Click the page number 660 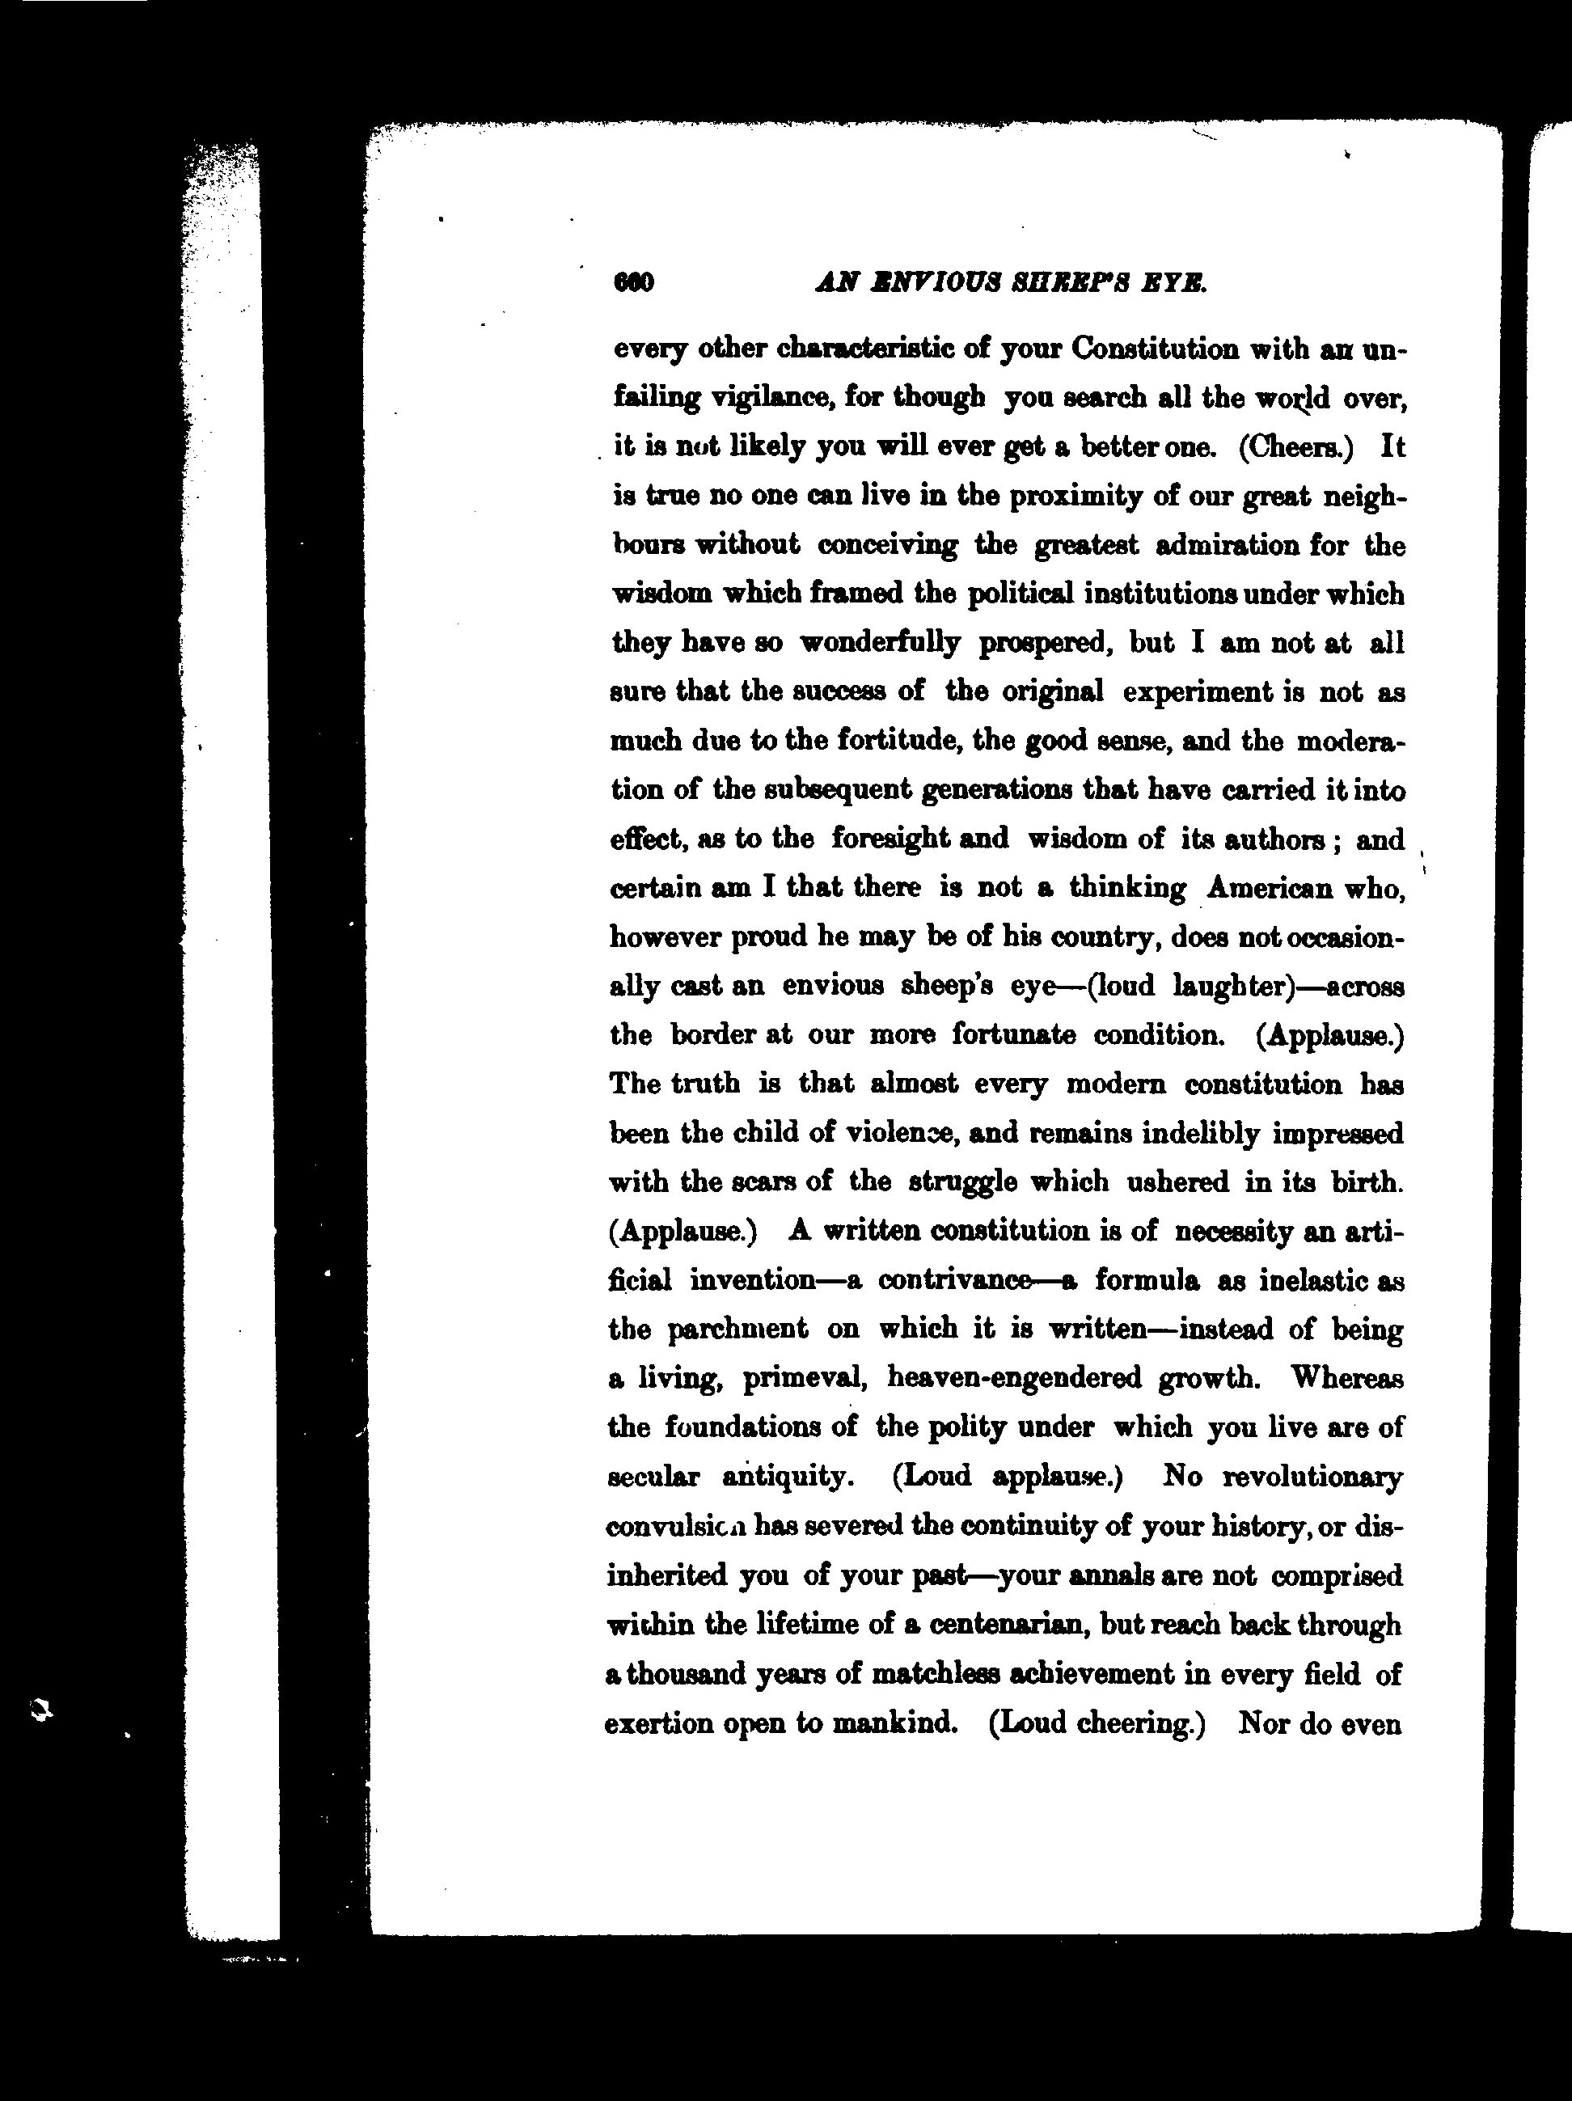click(635, 283)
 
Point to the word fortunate click(1013, 1034)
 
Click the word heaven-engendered click(1013, 1378)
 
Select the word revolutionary click(1312, 1477)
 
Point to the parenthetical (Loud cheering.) click(1097, 1723)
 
